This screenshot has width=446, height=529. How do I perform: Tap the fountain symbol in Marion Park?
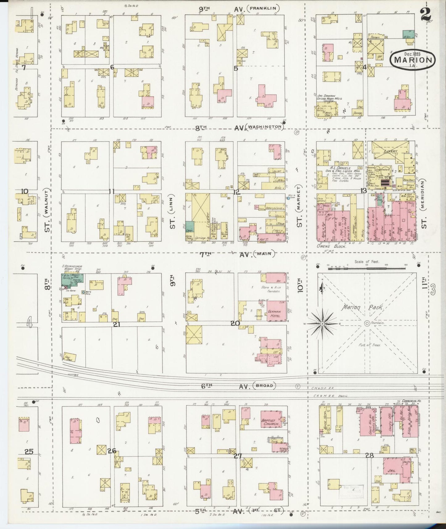(367, 323)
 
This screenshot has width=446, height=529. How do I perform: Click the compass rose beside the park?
(322, 323)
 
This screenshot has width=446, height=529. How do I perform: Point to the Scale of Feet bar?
(367, 269)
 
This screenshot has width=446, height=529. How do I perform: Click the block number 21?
(116, 324)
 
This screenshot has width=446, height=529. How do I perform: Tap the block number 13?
(364, 191)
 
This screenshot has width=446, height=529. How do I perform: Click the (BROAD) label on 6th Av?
(264, 386)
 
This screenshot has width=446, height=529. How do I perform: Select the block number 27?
(237, 456)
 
